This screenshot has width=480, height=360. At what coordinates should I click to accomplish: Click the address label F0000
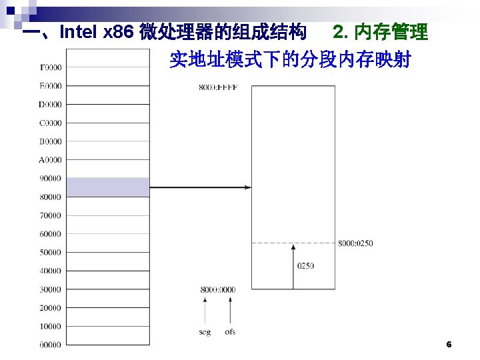[x=51, y=67]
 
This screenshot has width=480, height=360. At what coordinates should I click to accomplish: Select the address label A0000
[x=51, y=160]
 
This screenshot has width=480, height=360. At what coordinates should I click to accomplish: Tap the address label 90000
[x=51, y=179]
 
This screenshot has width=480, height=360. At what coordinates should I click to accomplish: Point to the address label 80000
[x=51, y=197]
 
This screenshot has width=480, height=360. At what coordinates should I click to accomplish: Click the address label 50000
[x=51, y=253]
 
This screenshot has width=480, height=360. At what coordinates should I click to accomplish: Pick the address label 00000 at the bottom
[x=51, y=345]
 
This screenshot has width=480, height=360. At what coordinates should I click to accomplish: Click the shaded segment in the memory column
[x=108, y=187]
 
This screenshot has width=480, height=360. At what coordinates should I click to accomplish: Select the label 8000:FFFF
[x=217, y=87]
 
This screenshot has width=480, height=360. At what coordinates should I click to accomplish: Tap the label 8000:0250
[x=355, y=243]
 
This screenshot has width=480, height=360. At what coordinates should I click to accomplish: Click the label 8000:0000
[x=217, y=289]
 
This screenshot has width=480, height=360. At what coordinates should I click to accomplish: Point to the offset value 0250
[x=305, y=265]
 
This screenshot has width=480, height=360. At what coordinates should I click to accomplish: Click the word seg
[x=205, y=331]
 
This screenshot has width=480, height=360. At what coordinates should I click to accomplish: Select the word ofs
[x=230, y=331]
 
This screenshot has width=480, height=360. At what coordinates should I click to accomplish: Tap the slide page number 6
[x=449, y=345]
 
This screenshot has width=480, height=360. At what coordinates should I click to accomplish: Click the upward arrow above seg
[x=205, y=310]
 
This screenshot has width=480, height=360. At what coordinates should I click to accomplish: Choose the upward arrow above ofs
[x=230, y=310]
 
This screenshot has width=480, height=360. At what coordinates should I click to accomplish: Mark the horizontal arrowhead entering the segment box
[x=247, y=188]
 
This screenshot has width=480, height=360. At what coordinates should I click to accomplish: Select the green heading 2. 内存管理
[x=381, y=32]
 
